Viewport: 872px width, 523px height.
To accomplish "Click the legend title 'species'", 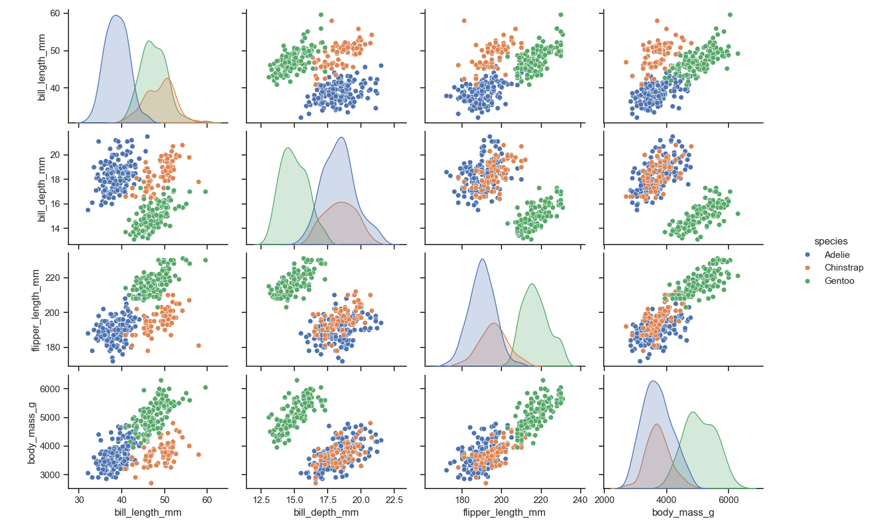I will pos(831,241).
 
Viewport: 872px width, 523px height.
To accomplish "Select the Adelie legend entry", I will pos(837,255).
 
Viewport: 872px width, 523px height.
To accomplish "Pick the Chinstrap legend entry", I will pos(844,268).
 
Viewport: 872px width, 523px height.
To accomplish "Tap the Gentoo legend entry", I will pos(839,281).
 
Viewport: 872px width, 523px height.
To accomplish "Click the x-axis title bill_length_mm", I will pos(148,513).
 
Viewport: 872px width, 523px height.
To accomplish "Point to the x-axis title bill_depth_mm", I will pos(326,513).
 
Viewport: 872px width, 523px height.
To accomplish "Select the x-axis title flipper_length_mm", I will pos(504,513).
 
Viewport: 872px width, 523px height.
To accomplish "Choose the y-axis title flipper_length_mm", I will pos(36,311).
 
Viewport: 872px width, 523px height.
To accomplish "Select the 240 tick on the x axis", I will pos(580,500).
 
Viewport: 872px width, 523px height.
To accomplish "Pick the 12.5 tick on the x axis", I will pos(261,500).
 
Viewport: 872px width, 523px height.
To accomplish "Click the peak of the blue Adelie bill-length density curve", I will pos(116,16).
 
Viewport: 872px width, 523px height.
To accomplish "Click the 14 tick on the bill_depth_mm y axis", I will pos(55,228).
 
